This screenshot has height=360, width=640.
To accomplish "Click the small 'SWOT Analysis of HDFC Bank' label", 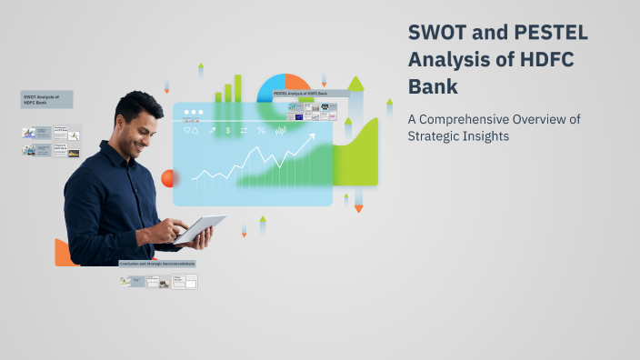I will (x=46, y=99).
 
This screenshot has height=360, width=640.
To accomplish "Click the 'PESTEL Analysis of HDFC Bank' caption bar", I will (x=309, y=94).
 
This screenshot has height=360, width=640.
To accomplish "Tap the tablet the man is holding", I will (x=201, y=229).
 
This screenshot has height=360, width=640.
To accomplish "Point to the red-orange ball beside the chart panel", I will (x=168, y=178).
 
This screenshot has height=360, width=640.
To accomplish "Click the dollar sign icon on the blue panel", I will (x=228, y=131).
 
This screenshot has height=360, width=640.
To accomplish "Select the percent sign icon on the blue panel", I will (x=262, y=131).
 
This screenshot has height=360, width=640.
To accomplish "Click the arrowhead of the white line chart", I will (x=312, y=137).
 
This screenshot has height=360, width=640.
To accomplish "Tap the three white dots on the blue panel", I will (x=194, y=112).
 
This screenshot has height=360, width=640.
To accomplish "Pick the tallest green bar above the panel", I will (x=238, y=87).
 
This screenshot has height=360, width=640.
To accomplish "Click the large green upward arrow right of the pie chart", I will (x=355, y=85).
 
